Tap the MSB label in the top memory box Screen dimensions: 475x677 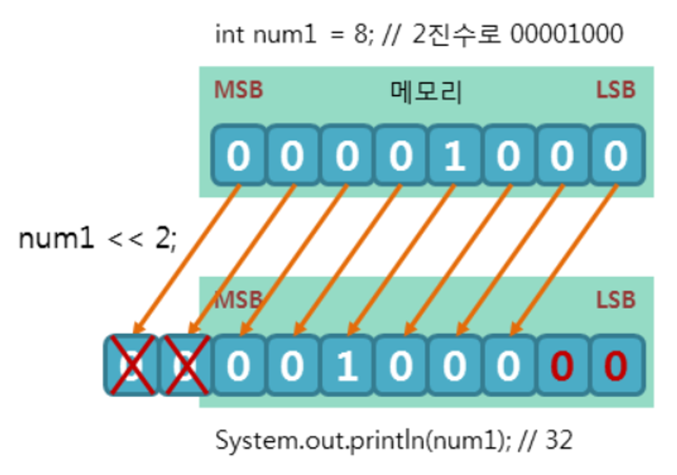pos(238,90)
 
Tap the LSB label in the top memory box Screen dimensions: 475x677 pos(615,90)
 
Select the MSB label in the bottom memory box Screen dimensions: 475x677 pos(238,300)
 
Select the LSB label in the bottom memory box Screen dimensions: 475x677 pos(615,300)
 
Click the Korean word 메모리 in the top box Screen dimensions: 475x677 pos(425,92)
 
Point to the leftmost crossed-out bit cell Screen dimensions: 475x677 pos(131,366)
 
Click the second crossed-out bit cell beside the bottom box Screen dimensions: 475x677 pos(185,366)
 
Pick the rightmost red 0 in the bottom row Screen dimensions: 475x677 pos(615,366)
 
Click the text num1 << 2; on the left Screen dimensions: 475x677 pos(98,238)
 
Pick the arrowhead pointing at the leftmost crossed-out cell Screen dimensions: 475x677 pos(137,328)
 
